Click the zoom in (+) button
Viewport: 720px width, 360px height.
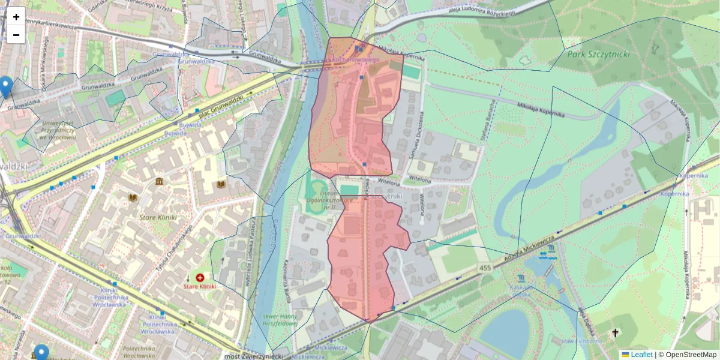pos(16,17)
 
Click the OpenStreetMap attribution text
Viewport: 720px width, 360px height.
pos(691,355)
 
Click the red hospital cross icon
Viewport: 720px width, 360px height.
pos(200,278)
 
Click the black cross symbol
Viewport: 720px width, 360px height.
pos(614,332)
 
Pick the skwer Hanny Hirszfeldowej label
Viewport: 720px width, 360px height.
pos(280,319)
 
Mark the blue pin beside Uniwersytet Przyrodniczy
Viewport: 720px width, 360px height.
pos(6,86)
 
